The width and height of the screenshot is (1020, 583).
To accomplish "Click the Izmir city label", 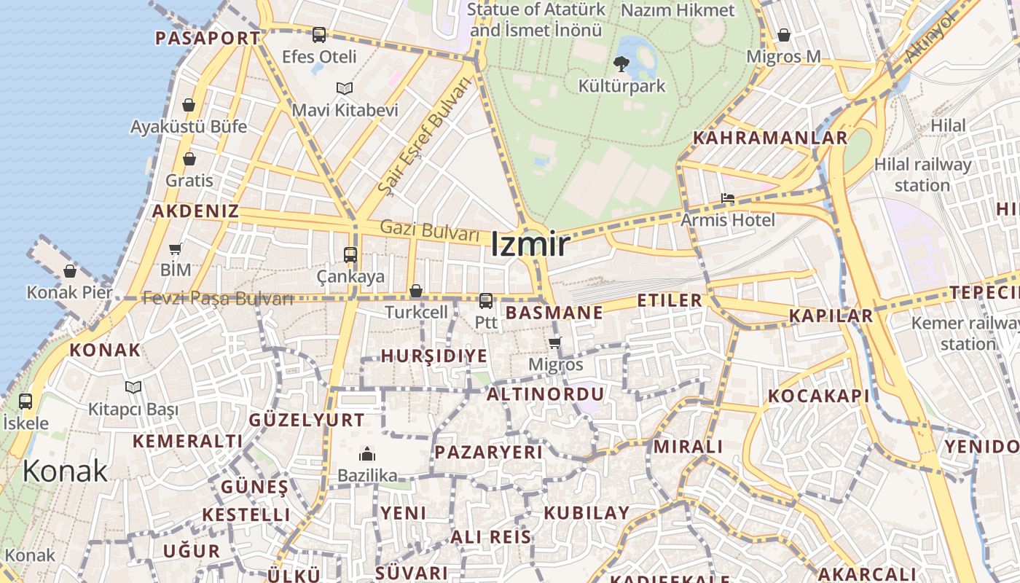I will click(530, 244).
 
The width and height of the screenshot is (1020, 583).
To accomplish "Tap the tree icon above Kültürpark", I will click(621, 64).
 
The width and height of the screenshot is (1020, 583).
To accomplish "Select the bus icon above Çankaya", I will click(350, 255).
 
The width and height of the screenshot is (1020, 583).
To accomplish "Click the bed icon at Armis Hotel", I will click(727, 198).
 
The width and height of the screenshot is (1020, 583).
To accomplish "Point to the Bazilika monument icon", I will click(367, 455).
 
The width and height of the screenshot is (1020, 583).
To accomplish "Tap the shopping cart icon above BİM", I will click(176, 249).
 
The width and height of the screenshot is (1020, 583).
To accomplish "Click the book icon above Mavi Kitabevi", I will click(345, 89).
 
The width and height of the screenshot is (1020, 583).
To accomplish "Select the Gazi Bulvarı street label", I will click(430, 230).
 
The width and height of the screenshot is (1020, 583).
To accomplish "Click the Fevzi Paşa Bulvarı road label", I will click(218, 298).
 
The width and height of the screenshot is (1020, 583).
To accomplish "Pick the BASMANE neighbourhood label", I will click(554, 313).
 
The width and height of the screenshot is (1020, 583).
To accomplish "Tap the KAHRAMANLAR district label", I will click(770, 138).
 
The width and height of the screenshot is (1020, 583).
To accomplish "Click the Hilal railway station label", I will click(922, 175).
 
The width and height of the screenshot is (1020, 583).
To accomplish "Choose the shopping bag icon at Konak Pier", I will click(70, 271).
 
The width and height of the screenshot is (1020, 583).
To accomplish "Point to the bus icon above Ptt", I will click(486, 300).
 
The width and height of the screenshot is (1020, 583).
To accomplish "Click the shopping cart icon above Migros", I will click(555, 343).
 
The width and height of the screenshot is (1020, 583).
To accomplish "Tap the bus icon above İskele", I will click(25, 401).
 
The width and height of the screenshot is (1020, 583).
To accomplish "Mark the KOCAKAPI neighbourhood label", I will click(819, 396).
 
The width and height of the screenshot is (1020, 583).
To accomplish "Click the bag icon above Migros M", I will click(784, 35).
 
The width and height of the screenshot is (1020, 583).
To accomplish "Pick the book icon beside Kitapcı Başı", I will click(133, 388).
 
